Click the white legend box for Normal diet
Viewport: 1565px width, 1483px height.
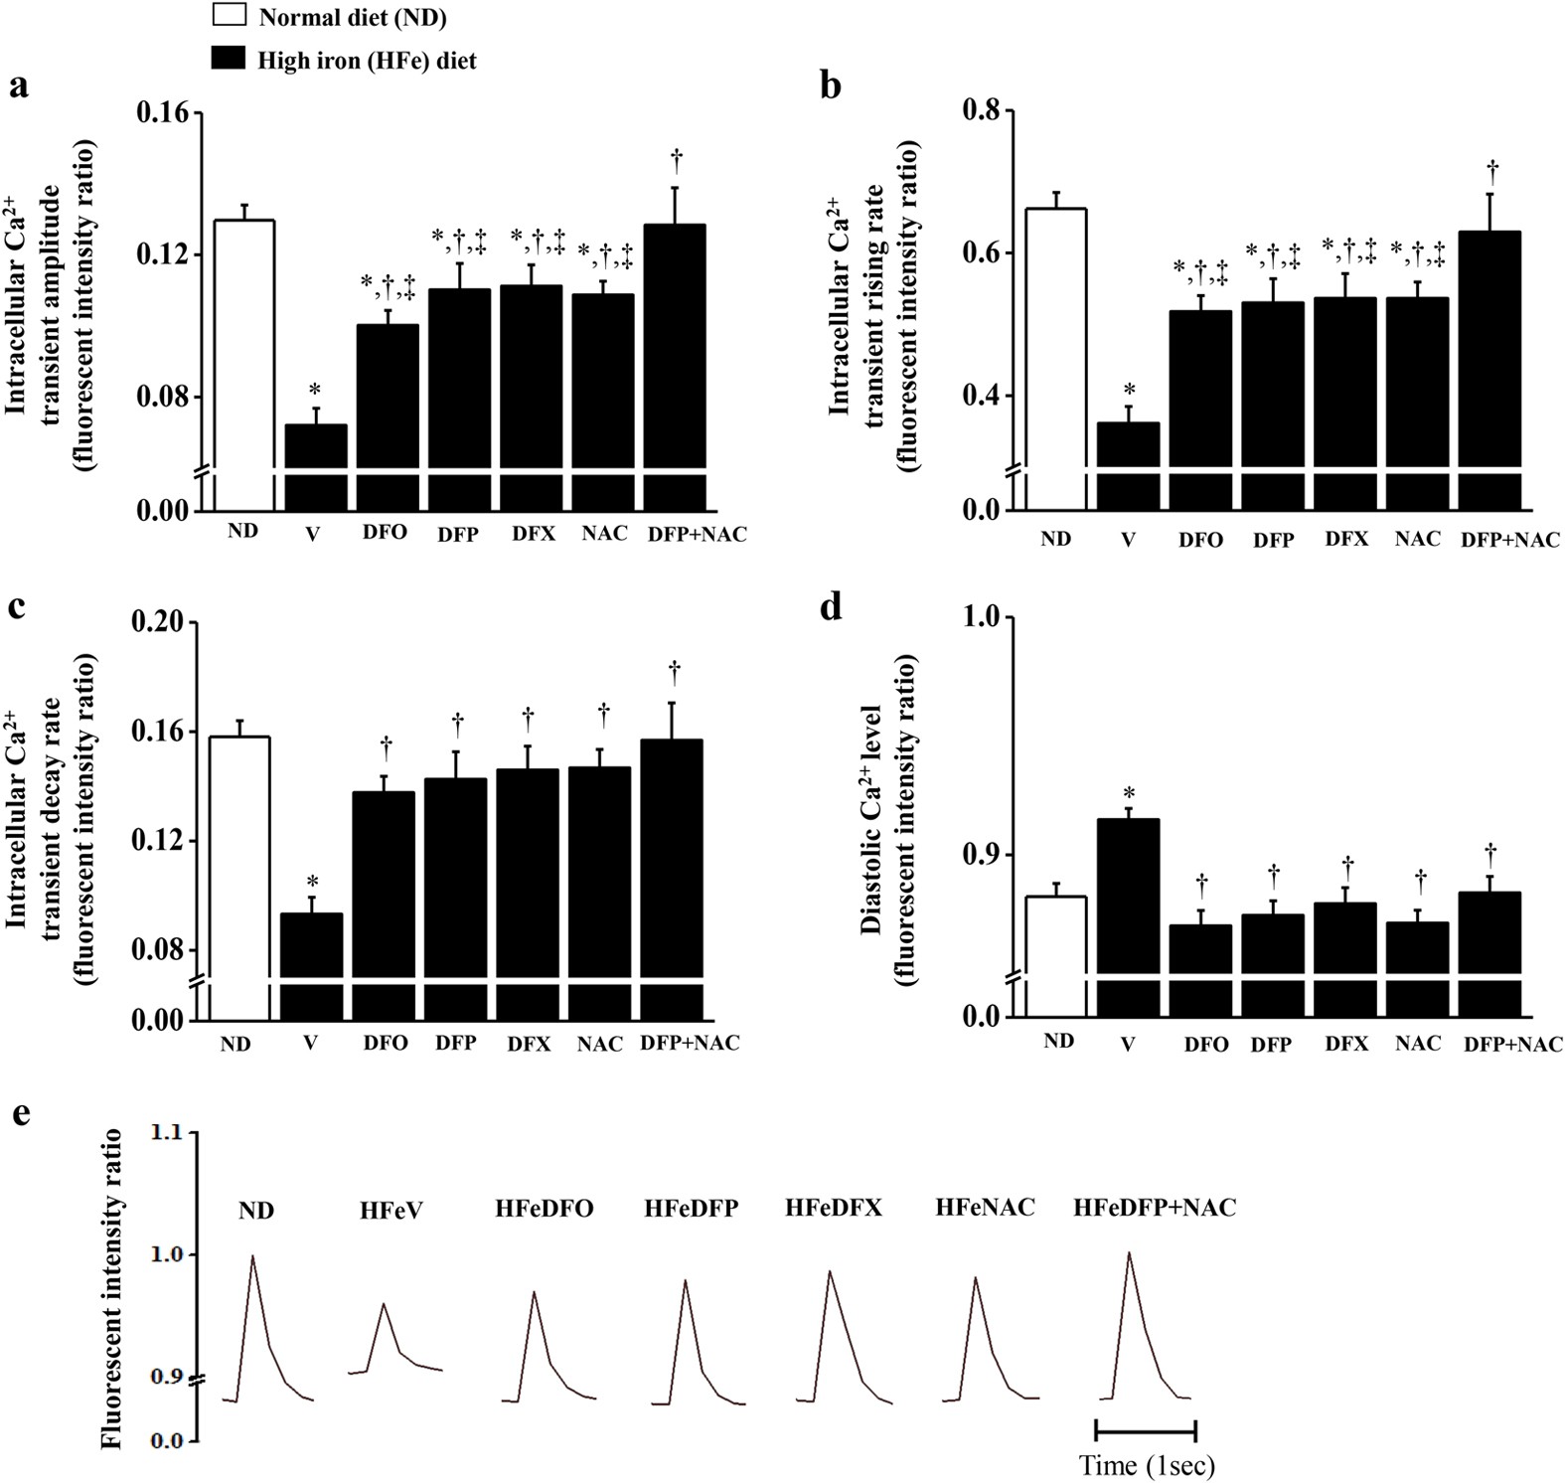click(230, 15)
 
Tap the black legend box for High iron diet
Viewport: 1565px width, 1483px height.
click(230, 60)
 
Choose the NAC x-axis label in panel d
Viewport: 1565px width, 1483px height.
click(1417, 1044)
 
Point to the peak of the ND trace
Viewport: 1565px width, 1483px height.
click(252, 1256)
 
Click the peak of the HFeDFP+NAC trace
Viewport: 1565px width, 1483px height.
click(1130, 1252)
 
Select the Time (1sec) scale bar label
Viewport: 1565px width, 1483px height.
click(1147, 1465)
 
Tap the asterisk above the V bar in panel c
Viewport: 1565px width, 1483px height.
click(312, 882)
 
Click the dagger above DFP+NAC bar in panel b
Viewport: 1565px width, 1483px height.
click(1491, 167)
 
